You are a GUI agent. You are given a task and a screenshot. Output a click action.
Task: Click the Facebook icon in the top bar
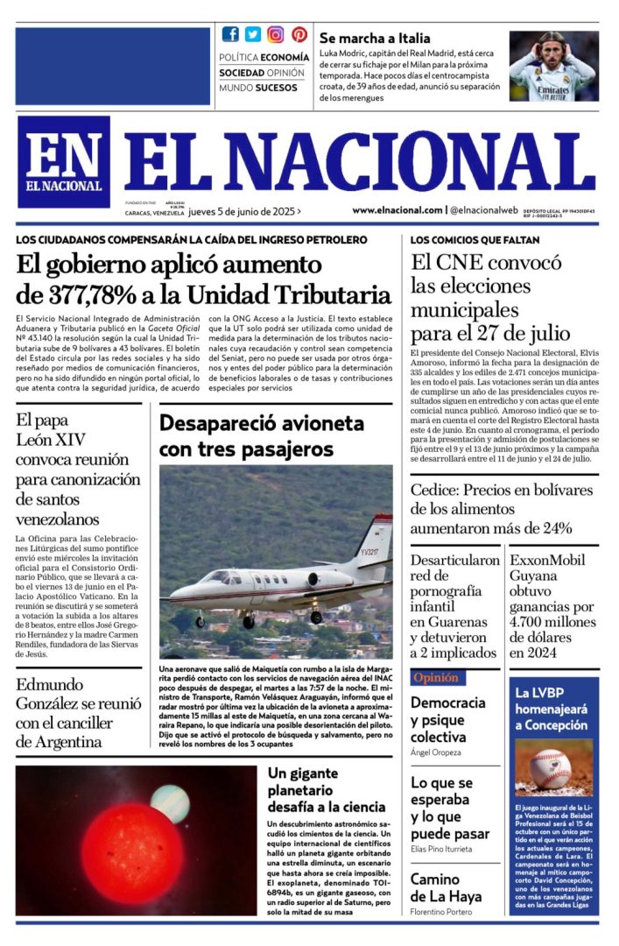(x=230, y=34)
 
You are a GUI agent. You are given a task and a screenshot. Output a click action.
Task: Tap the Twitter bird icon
(x=253, y=34)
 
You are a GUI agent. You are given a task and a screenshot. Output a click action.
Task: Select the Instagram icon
(x=276, y=34)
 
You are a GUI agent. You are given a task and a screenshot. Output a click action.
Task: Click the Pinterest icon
(x=299, y=34)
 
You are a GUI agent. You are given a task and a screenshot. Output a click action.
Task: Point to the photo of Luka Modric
(x=553, y=66)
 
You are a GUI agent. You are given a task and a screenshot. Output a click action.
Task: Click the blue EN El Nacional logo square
(x=63, y=161)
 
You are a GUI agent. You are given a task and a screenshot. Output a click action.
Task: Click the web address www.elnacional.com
(x=397, y=210)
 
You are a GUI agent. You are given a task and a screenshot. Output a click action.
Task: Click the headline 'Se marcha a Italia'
(x=375, y=39)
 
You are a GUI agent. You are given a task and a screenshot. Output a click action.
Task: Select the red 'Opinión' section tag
(x=437, y=678)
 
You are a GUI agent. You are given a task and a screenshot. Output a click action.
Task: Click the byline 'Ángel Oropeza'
(x=436, y=752)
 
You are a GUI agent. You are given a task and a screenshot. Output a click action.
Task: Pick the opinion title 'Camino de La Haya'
(x=447, y=887)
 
